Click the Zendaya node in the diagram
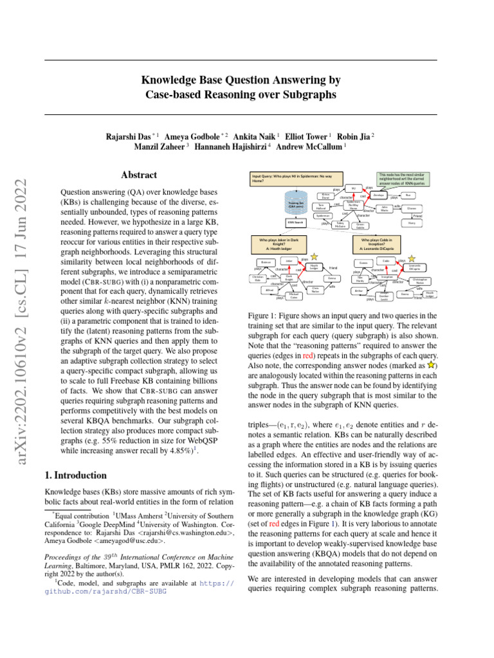click(x=379, y=195)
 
